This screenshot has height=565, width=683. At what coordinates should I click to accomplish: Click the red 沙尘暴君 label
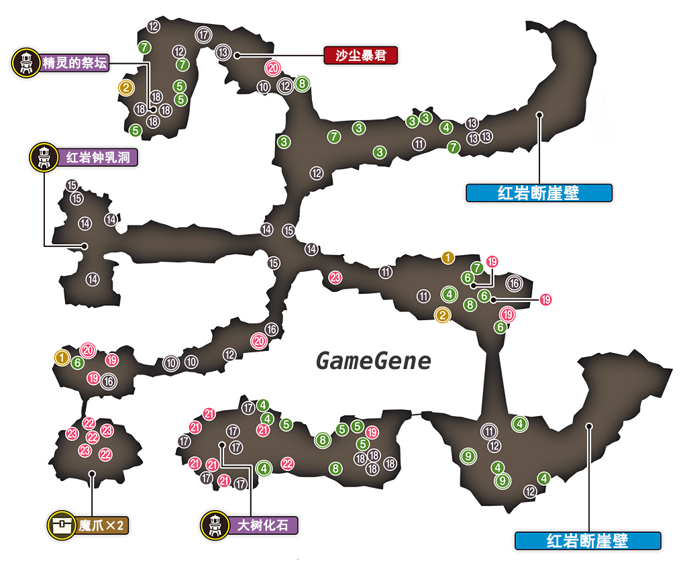[360, 56]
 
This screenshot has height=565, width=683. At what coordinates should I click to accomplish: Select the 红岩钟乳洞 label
[101, 158]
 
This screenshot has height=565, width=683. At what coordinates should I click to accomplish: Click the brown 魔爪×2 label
[101, 525]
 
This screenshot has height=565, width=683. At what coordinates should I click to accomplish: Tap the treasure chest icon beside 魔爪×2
[61, 525]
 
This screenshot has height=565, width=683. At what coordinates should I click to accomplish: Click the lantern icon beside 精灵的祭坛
[25, 63]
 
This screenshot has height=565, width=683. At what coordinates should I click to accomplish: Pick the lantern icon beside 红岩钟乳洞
[43, 157]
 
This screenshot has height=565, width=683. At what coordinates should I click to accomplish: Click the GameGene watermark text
[373, 362]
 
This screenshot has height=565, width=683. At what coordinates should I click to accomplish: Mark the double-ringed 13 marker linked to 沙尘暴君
[223, 52]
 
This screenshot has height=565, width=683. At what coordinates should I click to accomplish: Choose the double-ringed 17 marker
[203, 34]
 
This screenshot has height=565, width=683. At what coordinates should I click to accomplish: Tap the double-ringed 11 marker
[490, 431]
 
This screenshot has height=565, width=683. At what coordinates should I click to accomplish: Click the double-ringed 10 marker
[170, 362]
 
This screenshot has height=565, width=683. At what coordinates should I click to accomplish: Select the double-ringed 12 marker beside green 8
[285, 86]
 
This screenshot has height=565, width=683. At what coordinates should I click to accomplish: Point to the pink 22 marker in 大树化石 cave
[287, 463]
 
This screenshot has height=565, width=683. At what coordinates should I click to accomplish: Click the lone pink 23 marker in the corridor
[335, 277]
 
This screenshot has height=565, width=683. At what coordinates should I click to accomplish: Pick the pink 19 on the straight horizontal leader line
[545, 299]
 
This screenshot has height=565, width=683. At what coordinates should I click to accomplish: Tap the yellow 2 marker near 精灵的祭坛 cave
[125, 87]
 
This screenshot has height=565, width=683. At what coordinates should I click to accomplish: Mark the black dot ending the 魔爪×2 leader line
[92, 474]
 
